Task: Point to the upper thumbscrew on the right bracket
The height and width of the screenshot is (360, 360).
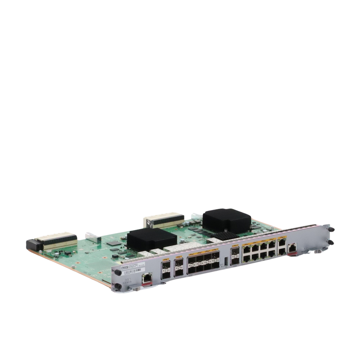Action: (x=331, y=228)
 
